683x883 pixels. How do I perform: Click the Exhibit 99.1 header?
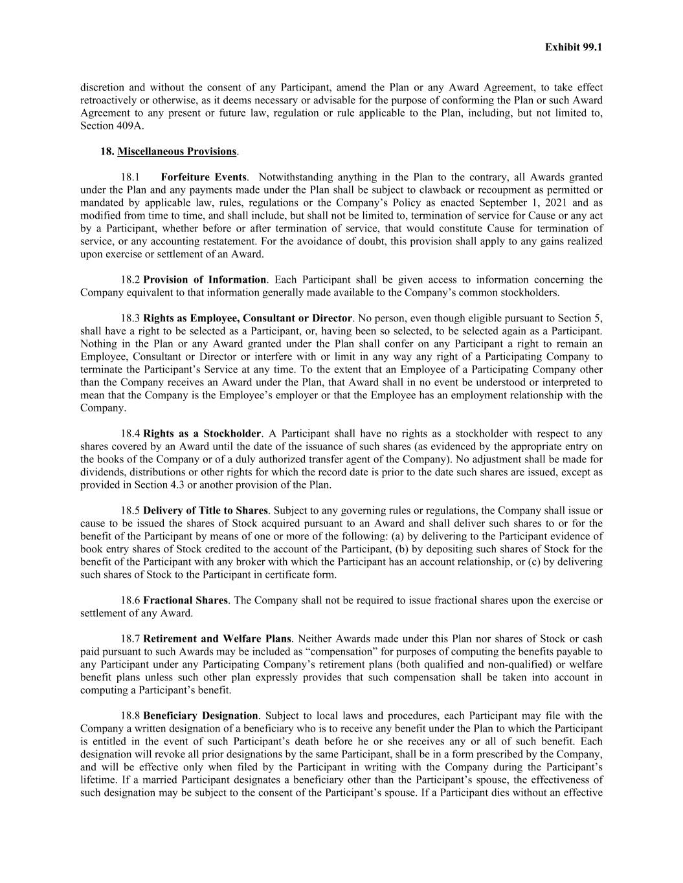click(574, 47)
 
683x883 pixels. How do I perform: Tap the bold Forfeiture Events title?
click(203, 177)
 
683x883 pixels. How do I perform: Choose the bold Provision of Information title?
click(205, 280)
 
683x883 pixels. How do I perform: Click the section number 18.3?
click(130, 318)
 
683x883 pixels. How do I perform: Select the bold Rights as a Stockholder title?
click(202, 433)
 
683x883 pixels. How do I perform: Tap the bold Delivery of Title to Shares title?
click(205, 510)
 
